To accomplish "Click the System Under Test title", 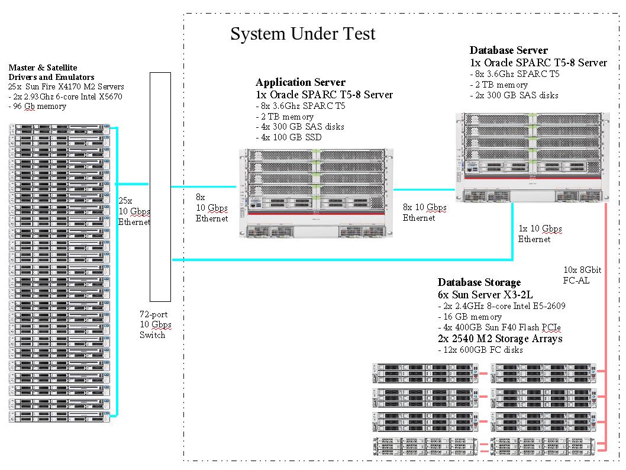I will coord(302,34).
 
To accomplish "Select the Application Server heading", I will coord(300,82).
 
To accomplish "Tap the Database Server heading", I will coord(508,51).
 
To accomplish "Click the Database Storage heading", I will coord(479,283).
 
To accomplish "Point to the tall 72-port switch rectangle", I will coord(160,186).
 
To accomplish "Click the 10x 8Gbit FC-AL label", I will coord(583,275).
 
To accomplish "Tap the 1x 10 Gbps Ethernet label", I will coord(540,234).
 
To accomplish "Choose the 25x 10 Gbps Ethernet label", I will coord(134,211).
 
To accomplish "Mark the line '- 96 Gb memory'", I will coord(37,107).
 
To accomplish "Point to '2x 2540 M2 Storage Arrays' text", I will coord(500,339).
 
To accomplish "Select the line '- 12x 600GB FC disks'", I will coord(480,350).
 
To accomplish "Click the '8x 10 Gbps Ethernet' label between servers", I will coord(424,213).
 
